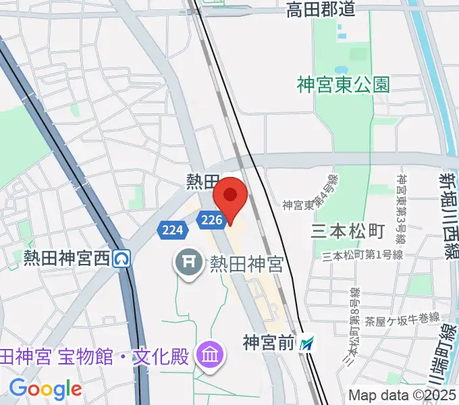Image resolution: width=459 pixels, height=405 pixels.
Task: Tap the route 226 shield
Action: point(211,219)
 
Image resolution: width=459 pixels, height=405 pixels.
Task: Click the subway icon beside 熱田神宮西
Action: point(122,258)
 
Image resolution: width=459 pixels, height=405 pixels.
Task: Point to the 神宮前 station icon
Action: point(308,344)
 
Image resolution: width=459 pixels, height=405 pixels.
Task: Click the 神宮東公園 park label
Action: point(344,84)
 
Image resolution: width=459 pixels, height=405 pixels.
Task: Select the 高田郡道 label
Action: point(320,9)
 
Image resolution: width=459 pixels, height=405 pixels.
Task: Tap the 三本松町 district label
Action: point(347,232)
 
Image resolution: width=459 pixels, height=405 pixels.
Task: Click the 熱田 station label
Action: point(202,181)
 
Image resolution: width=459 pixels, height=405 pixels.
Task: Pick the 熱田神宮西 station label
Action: point(66,258)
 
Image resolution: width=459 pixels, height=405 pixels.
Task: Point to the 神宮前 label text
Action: point(269,344)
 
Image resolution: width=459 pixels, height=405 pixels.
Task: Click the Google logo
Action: point(45,388)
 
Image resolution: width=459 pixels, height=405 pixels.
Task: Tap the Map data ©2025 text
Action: point(402,395)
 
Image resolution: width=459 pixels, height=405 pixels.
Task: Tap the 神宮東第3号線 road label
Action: point(401,209)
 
